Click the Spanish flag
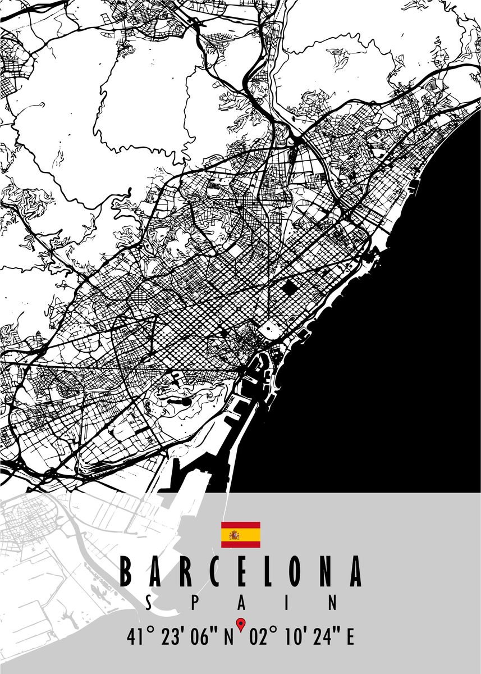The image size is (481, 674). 240,535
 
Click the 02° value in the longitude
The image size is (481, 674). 262,638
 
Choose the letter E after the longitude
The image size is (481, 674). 350,638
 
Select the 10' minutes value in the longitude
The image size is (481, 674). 295,638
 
